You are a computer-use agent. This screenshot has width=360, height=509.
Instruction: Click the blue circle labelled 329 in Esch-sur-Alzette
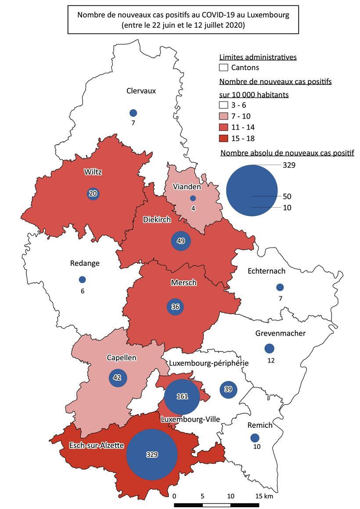pos(151,455)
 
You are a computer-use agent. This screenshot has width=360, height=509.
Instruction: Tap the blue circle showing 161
pos(182,396)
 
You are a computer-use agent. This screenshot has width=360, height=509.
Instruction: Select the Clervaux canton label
pos(141,91)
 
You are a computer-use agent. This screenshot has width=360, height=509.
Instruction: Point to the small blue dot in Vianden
pos(193,198)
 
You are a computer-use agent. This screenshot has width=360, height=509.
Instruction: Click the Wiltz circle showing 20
pos(93,194)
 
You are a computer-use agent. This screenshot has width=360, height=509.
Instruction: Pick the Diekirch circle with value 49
pos(180,241)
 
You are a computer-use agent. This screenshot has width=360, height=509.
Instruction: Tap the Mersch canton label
pos(184,283)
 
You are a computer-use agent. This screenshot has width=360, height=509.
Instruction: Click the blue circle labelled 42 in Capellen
pos(117,378)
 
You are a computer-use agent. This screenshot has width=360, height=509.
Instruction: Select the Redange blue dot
pos(82,280)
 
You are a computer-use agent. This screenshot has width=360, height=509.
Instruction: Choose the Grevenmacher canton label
pos(280,333)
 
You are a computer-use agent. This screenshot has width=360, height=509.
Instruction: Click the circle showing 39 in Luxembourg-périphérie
pos(228,389)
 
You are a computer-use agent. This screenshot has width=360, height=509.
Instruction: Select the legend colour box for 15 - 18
pos(223,139)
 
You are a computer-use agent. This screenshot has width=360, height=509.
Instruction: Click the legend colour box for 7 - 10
pos(223,116)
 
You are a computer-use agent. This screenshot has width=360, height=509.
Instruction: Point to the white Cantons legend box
pos(223,68)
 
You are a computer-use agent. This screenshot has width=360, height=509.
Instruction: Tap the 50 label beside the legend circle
pos(287,196)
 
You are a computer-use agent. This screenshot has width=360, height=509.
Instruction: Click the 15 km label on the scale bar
pos(264,496)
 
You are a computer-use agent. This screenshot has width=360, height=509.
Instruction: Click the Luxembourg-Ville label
pos(191,419)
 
